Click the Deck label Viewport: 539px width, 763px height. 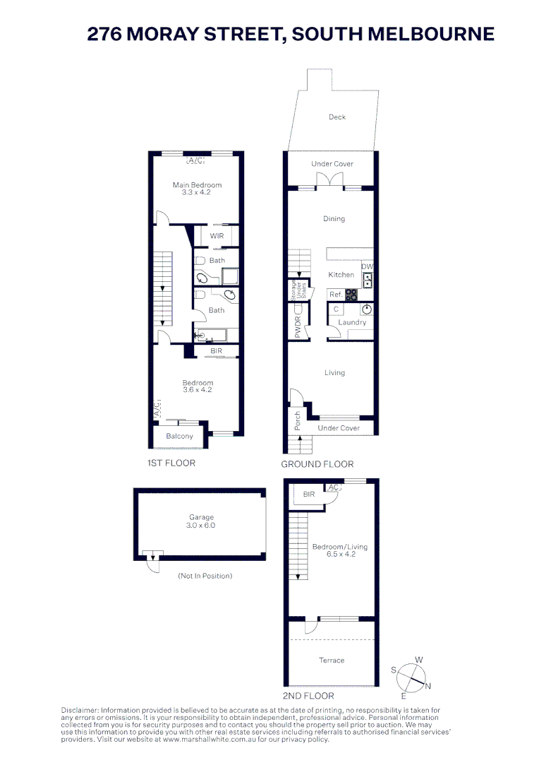[337, 117]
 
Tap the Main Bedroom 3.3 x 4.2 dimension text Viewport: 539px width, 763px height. [196, 192]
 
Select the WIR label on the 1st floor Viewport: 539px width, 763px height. [217, 236]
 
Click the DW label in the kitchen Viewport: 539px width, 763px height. [367, 266]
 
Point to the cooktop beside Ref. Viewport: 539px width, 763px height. [351, 295]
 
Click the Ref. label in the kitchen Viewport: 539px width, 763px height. [336, 295]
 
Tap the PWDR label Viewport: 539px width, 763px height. [298, 326]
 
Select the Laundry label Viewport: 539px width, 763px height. [352, 322]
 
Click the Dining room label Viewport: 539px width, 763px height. [334, 219]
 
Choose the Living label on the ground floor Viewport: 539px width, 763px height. [334, 373]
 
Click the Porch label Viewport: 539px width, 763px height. [298, 420]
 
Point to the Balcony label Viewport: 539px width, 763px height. [179, 436]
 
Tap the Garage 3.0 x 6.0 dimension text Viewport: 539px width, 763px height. [200, 526]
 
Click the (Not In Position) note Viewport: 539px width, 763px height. [205, 576]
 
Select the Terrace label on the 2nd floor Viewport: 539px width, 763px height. [332, 661]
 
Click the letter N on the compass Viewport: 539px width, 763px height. [428, 687]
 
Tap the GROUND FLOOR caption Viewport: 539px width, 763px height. [317, 464]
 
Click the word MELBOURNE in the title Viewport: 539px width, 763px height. [431, 34]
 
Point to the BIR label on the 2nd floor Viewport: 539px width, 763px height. [308, 494]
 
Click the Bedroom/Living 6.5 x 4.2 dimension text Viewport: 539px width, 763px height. [341, 555]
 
